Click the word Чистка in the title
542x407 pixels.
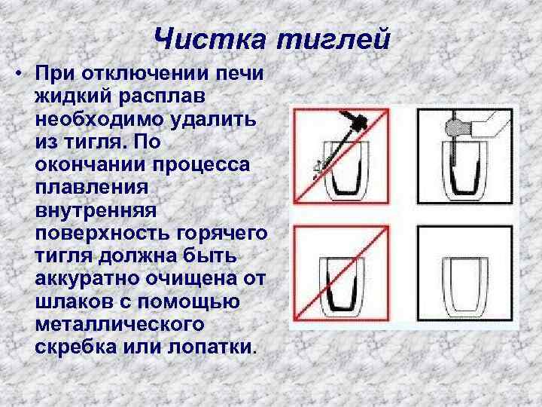click(x=209, y=38)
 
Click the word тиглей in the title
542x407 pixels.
click(x=333, y=38)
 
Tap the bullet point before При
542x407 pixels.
click(x=19, y=73)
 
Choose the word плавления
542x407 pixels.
click(x=92, y=188)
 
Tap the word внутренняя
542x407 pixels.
click(x=96, y=210)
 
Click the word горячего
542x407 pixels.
click(x=222, y=234)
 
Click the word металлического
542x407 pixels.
click(x=120, y=325)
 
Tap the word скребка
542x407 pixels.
click(x=76, y=347)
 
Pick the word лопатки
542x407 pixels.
click(x=212, y=347)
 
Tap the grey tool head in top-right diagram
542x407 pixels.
click(x=455, y=127)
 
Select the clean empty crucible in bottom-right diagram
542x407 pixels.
click(x=466, y=287)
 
